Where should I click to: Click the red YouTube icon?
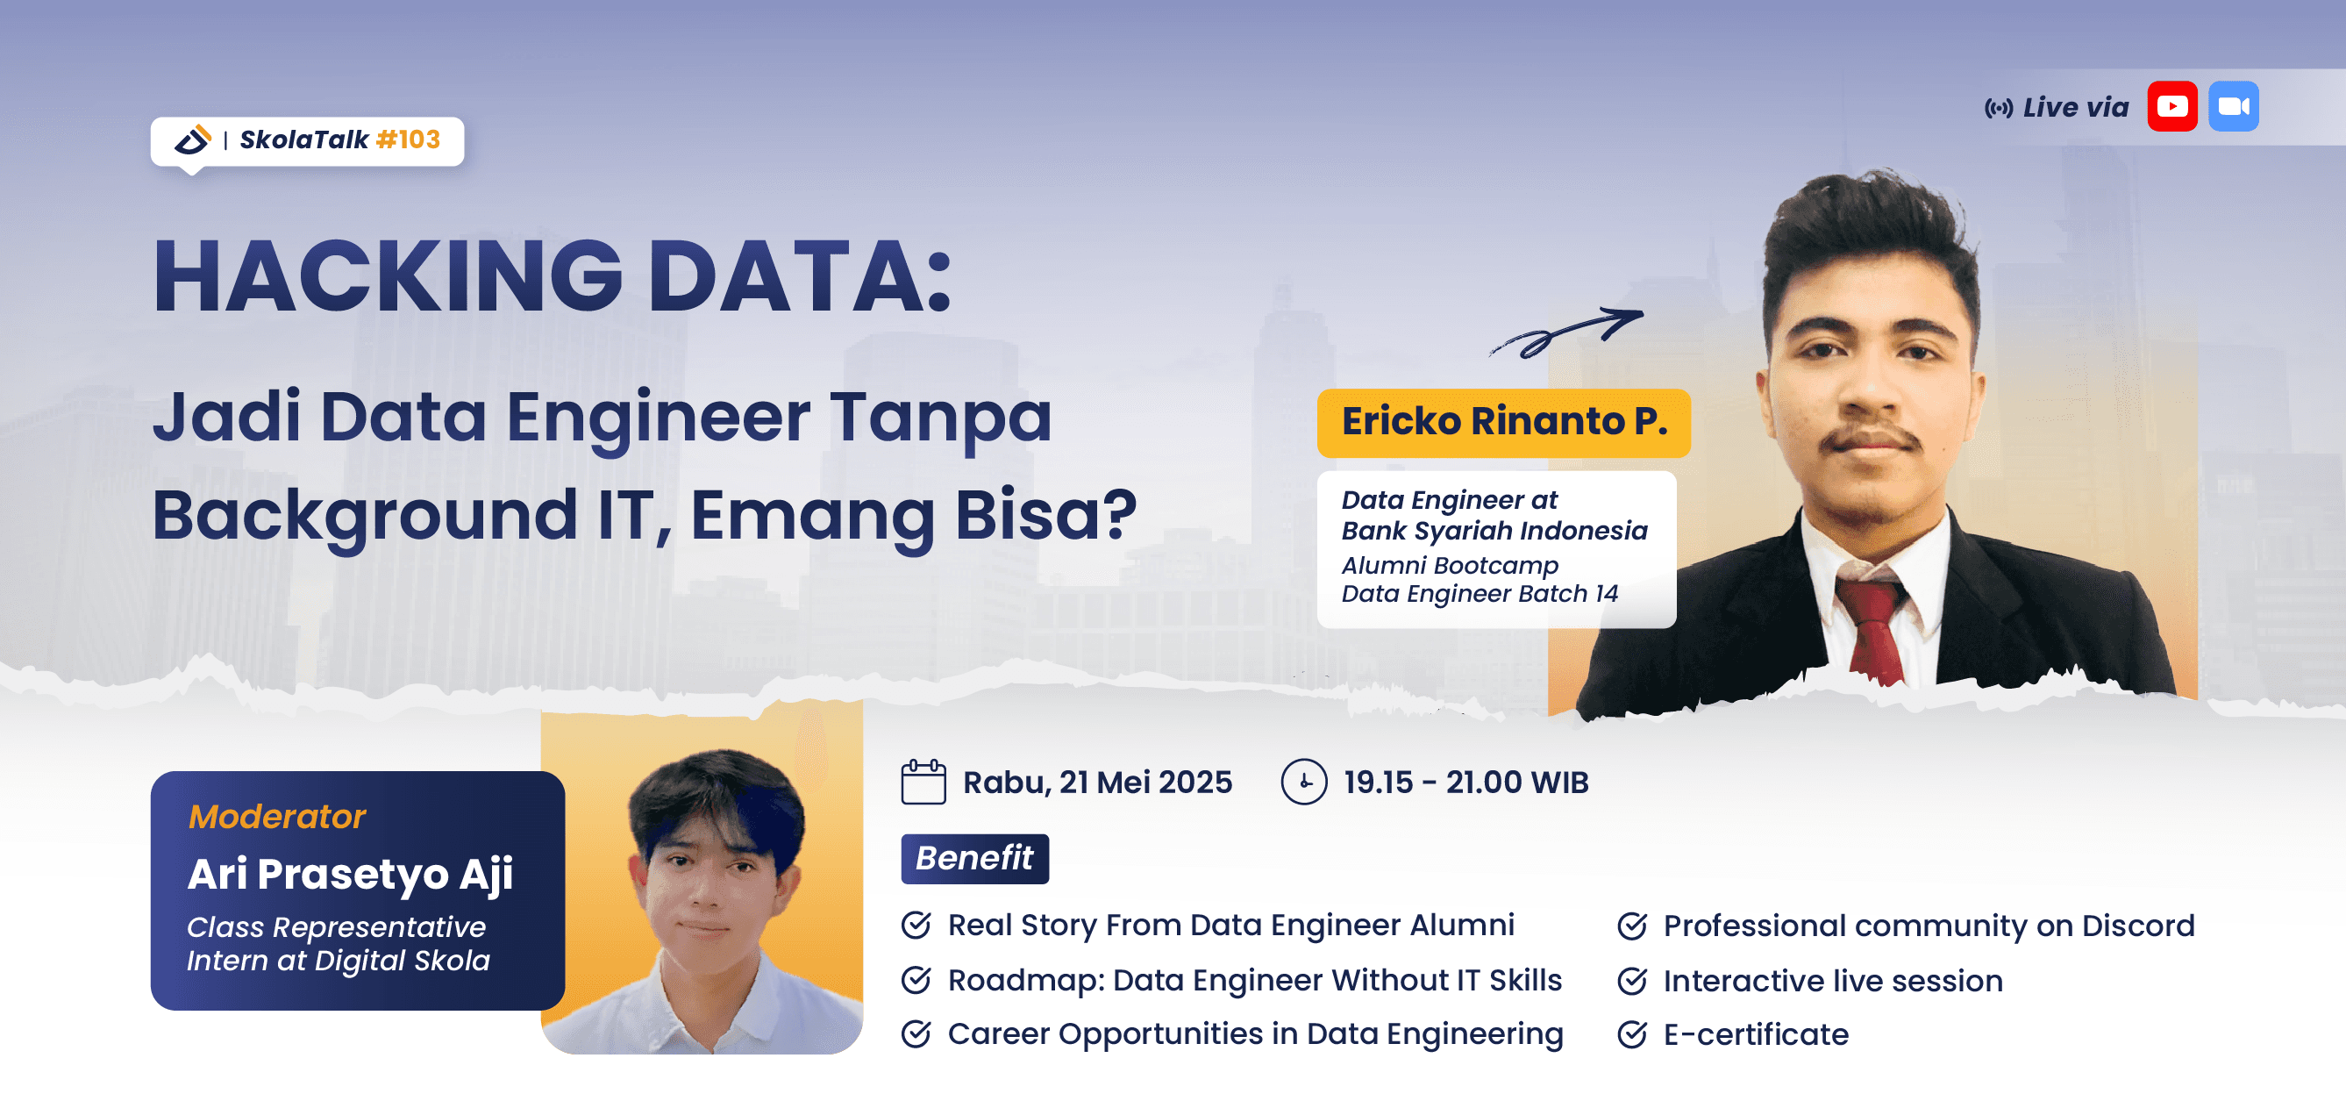click(2172, 106)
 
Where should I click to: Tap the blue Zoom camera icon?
click(2233, 106)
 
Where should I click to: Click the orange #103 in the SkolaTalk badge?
click(408, 139)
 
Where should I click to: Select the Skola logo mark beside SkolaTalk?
click(193, 139)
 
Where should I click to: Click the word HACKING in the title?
click(387, 276)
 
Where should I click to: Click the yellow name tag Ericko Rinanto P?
click(1503, 422)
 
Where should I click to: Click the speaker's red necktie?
click(1872, 628)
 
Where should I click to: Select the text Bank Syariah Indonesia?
click(1494, 531)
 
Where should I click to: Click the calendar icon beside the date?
click(923, 783)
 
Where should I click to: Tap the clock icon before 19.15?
click(1303, 783)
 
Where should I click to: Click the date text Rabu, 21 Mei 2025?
click(1096, 783)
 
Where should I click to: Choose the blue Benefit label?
click(973, 858)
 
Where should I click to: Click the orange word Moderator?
click(276, 817)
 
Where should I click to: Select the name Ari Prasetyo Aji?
click(350, 875)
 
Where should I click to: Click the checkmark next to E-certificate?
click(1631, 1034)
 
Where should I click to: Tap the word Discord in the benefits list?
click(2137, 926)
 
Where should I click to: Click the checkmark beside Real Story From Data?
click(916, 926)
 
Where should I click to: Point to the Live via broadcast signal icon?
click(1998, 109)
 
